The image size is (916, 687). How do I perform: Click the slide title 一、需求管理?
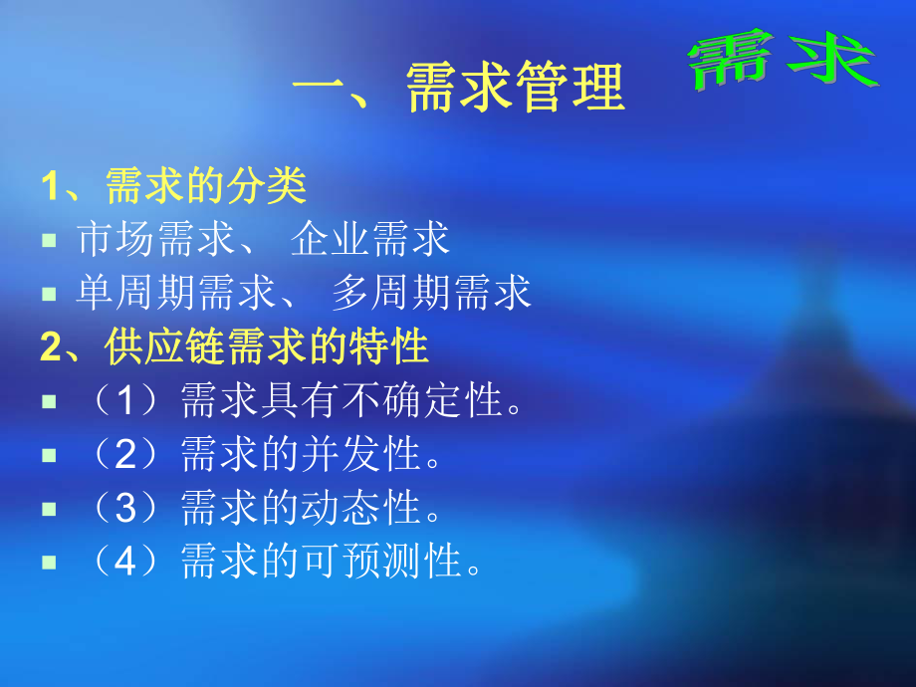[x=459, y=88]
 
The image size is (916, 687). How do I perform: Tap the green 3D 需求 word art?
[x=783, y=62]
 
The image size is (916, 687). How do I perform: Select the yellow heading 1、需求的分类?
[x=173, y=185]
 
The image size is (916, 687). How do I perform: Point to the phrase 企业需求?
[x=370, y=239]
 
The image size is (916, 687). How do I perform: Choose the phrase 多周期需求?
[x=431, y=293]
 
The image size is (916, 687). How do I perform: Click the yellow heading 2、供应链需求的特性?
[x=235, y=346]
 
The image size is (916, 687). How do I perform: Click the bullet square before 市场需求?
[x=49, y=241]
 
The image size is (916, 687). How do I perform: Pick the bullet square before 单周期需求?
[x=49, y=295]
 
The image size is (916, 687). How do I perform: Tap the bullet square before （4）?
[x=49, y=564]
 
